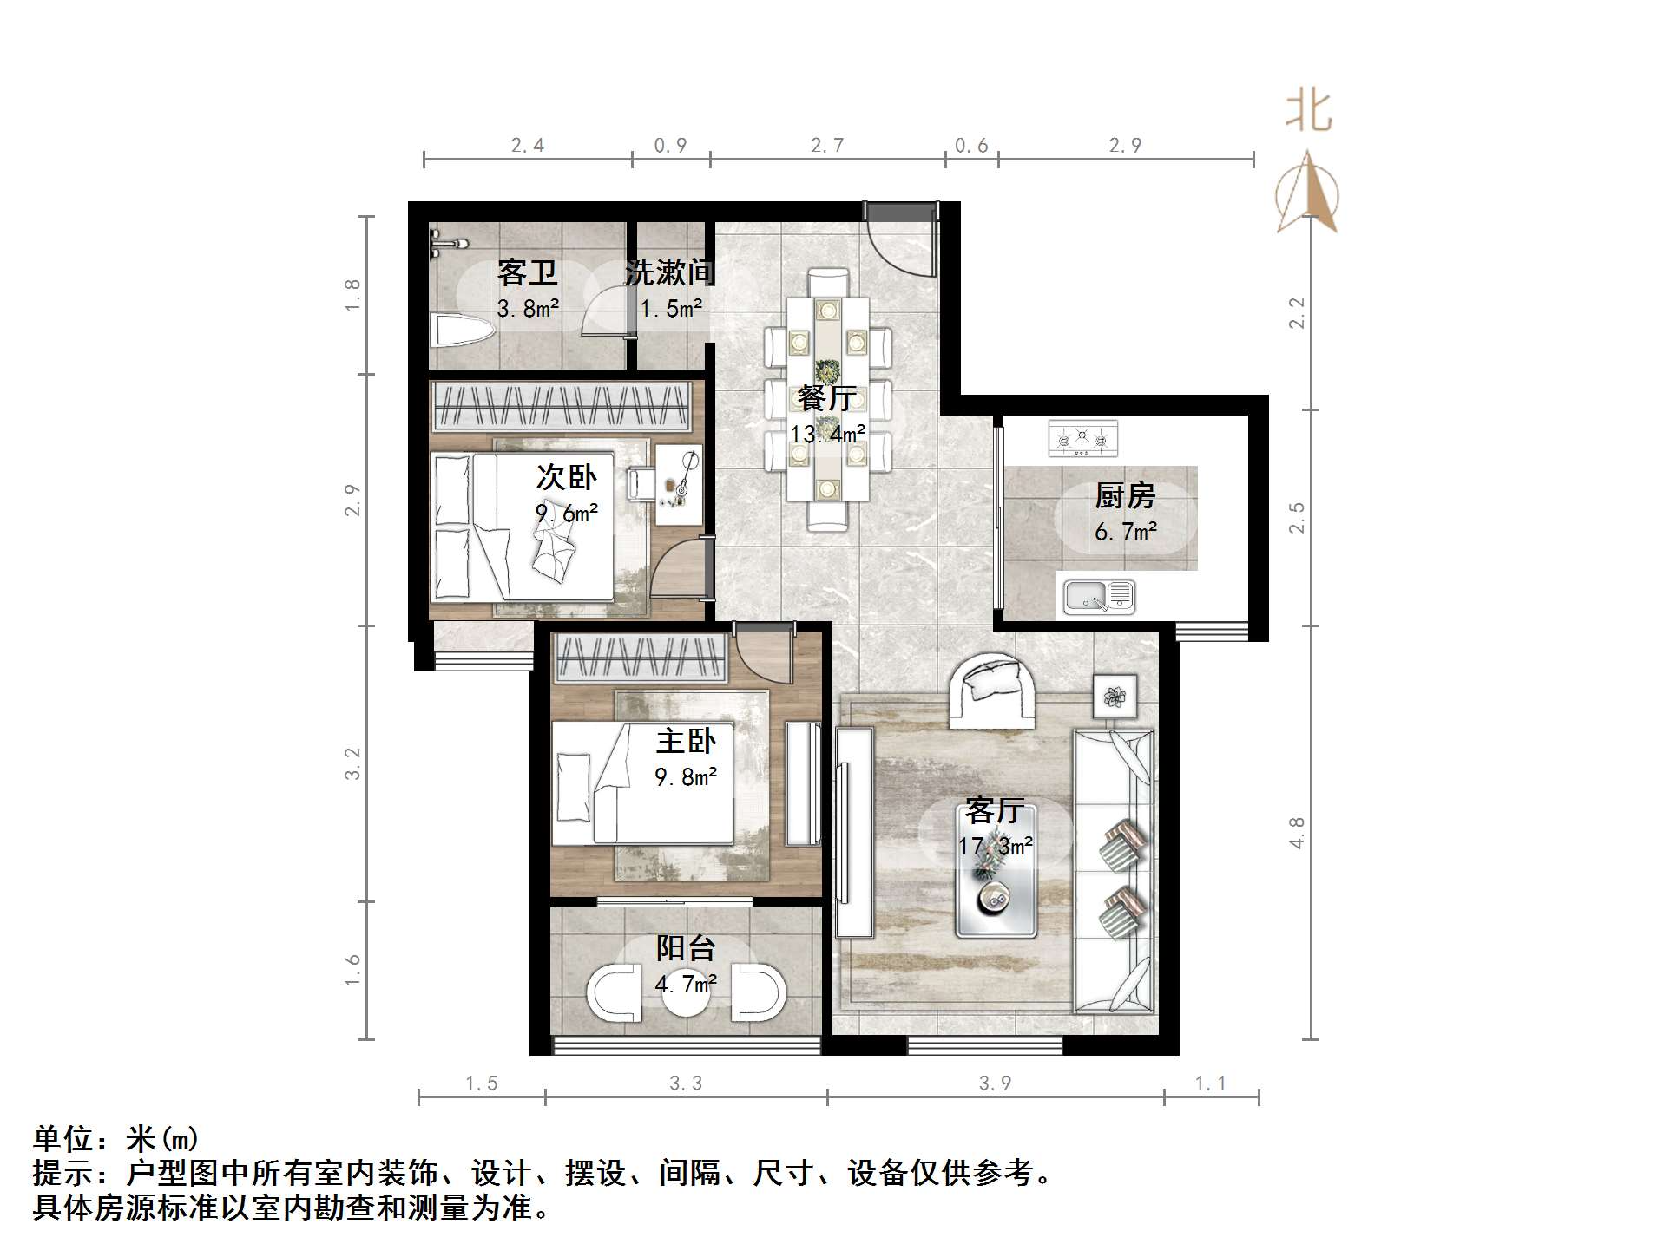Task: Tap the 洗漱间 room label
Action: [670, 272]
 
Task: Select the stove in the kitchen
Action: [1082, 439]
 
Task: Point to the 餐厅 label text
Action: [827, 398]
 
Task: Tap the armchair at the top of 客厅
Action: [992, 690]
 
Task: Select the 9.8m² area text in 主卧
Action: [686, 777]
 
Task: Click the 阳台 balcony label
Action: [686, 947]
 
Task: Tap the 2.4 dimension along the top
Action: [528, 146]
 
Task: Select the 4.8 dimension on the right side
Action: [1296, 833]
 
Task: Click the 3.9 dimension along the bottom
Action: [995, 1083]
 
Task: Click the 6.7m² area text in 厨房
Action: [1126, 532]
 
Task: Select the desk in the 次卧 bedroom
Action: [679, 485]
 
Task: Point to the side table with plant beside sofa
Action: [1115, 696]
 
